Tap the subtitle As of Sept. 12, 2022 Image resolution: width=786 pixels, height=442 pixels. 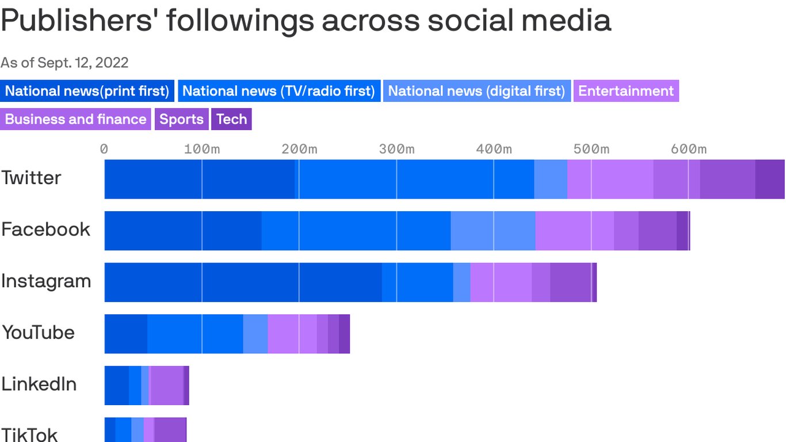[x=64, y=62]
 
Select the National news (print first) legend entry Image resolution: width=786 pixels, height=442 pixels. [x=87, y=91]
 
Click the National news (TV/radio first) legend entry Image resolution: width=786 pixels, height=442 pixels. [x=279, y=91]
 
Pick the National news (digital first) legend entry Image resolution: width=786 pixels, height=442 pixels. [x=476, y=91]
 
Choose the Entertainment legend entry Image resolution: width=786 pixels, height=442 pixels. [x=625, y=91]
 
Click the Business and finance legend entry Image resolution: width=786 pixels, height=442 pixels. [x=75, y=119]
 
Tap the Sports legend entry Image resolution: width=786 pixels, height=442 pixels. [x=181, y=119]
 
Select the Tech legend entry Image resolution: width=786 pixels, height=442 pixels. [x=231, y=119]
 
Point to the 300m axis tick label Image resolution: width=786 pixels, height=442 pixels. [x=396, y=149]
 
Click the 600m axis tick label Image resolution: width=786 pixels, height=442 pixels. [x=689, y=149]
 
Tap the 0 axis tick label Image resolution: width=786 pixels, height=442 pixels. [x=104, y=149]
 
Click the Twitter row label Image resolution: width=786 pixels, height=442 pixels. [x=31, y=178]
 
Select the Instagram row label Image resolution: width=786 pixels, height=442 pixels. [x=46, y=281]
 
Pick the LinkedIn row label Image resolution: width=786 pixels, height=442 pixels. [x=39, y=384]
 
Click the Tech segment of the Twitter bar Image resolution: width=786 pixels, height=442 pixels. [x=770, y=179]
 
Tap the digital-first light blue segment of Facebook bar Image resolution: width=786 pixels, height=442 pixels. [x=493, y=231]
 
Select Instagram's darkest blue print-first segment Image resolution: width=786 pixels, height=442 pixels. [x=242, y=283]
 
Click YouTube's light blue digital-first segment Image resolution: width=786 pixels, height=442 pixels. [x=255, y=334]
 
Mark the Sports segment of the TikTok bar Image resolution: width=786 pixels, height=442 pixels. [x=170, y=430]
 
